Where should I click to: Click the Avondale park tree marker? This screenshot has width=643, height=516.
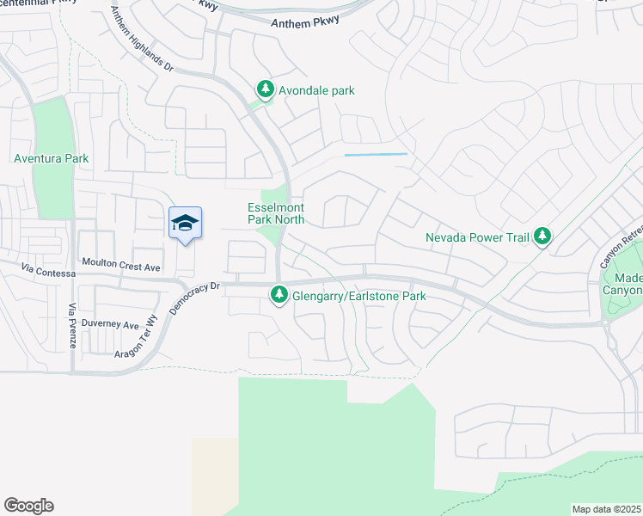266,89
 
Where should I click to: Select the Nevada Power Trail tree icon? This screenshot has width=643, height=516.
542,236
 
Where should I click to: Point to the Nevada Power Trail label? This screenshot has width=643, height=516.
477,236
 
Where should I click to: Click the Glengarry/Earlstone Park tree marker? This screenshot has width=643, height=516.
279,296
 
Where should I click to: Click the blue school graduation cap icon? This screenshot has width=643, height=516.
186,224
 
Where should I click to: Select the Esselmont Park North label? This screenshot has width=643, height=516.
276,213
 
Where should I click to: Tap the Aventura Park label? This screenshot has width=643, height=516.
51,158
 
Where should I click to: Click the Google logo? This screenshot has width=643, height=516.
28,506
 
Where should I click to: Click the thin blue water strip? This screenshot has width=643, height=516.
376,155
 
